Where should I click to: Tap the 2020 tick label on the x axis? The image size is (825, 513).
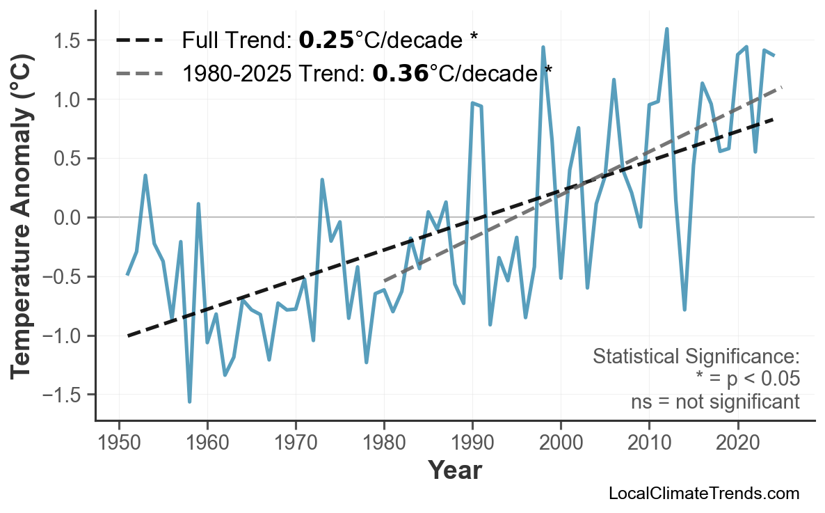pos(737,443)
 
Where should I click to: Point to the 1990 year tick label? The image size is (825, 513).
pos(472,443)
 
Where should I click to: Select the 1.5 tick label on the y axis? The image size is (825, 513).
pos(68,40)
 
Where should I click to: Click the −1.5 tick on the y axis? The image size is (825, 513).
pos(63,395)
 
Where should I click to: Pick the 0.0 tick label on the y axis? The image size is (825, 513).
pos(68,218)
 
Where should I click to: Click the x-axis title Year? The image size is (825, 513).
pos(454,471)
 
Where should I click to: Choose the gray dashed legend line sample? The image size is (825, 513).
pos(139,72)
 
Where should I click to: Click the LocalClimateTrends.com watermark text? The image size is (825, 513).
pos(703,494)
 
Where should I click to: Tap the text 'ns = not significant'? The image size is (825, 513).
pos(715,402)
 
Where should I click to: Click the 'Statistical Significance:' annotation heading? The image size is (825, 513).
pos(696,357)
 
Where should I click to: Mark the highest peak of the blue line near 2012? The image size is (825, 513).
pos(666,29)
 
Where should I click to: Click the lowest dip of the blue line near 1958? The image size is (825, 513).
pos(189,402)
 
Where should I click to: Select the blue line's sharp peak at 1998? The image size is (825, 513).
pos(543,47)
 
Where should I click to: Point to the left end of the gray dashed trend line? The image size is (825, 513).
pos(385,281)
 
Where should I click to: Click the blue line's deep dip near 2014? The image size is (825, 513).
pos(684,309)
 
